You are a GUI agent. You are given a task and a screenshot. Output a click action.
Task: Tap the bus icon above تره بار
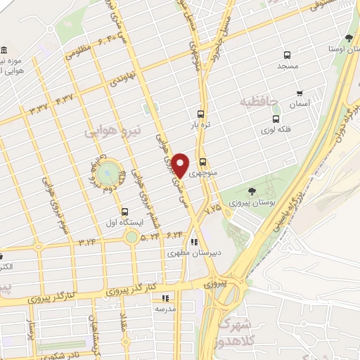[202, 114]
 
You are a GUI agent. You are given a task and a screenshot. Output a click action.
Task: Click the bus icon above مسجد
[286, 55]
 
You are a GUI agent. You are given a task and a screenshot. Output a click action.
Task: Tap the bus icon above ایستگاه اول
[124, 212]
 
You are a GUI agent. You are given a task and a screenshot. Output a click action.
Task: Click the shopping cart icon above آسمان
[300, 93]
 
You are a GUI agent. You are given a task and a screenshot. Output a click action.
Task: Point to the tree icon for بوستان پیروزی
[252, 192]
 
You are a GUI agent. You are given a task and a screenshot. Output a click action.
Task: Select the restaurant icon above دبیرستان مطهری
[193, 244]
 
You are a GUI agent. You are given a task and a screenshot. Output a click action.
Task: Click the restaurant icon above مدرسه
[163, 298]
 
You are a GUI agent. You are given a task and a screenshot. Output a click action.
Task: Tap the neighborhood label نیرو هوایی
[112, 131]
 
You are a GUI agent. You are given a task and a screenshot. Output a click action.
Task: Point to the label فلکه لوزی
[274, 130]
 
